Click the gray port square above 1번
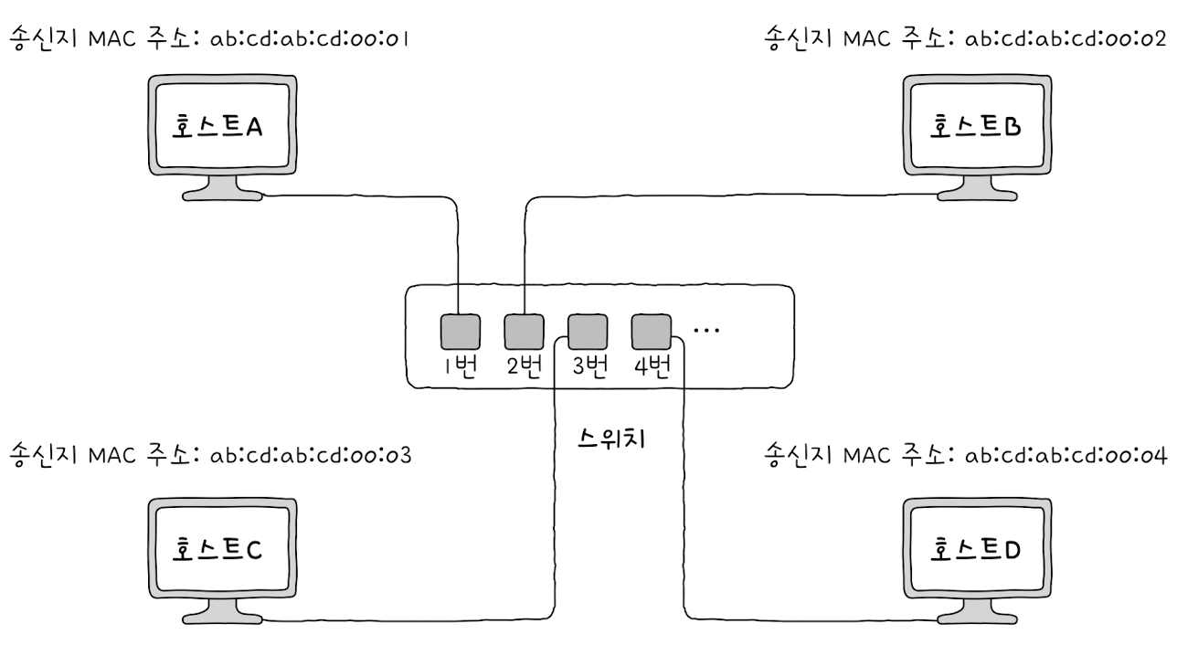[460, 332]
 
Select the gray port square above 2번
[524, 332]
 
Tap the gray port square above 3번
[588, 332]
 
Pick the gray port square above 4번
[651, 332]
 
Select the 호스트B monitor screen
[975, 125]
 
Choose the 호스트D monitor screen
[975, 549]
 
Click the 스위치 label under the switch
[612, 439]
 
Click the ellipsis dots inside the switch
[706, 330]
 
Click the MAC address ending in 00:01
[309, 39]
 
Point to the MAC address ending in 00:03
[309, 454]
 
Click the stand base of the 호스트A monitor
[222, 194]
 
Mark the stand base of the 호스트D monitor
[975, 618]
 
